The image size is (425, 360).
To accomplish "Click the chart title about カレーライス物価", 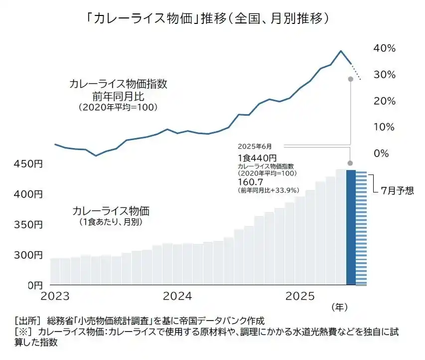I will (x=208, y=19).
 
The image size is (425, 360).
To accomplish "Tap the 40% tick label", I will (x=384, y=48).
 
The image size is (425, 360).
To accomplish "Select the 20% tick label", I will (x=384, y=101).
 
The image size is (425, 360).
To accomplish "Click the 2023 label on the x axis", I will (x=55, y=296).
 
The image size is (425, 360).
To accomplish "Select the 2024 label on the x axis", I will (x=178, y=296).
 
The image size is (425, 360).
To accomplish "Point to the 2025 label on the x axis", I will (x=300, y=296).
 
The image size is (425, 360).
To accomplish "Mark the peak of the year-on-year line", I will (x=341, y=51).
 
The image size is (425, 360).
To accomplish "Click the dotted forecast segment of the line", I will (x=357, y=73).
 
